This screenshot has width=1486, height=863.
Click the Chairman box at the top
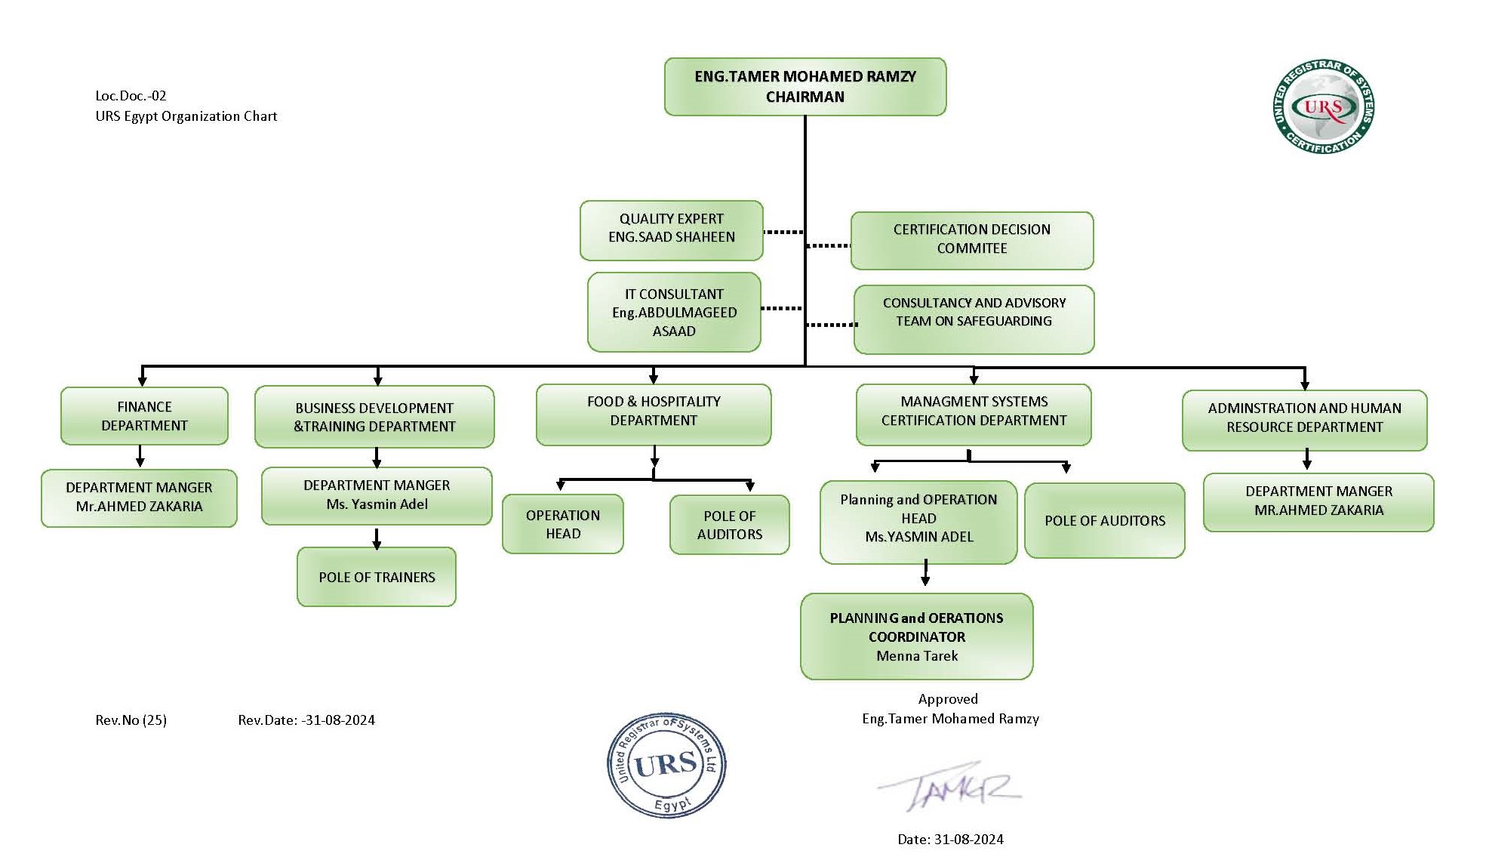805,87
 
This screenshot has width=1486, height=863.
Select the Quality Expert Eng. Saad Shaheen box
671,230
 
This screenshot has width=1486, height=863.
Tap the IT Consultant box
674,312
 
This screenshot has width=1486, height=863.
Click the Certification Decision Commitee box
971,240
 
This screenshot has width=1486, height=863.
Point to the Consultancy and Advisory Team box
974,319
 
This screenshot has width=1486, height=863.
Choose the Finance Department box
144,416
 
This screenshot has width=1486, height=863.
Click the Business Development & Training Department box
374,417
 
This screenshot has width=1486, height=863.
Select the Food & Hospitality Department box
654,415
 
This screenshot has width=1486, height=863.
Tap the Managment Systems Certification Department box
974,415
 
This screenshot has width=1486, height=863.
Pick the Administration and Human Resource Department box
1304,420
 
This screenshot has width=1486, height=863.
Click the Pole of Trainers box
377,577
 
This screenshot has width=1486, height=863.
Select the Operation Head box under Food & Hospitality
563,524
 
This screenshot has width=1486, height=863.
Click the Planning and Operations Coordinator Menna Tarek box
916,636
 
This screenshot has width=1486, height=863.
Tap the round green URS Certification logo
1324,107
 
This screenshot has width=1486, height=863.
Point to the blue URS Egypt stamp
666,765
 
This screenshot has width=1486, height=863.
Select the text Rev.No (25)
131,720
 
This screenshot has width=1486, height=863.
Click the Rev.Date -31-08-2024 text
306,720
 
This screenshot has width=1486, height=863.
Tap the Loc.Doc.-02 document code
131,96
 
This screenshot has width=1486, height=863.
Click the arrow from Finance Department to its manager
140,457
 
